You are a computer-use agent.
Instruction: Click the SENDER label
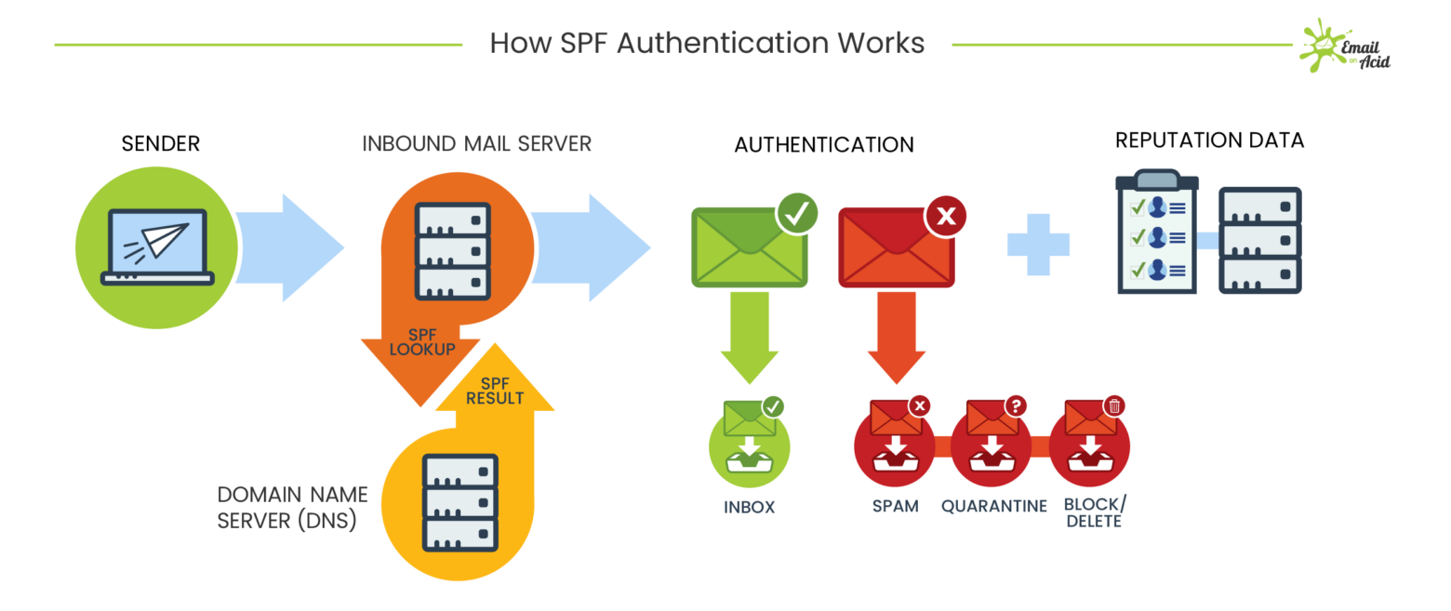[x=161, y=143]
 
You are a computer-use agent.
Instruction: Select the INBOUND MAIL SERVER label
[x=477, y=143]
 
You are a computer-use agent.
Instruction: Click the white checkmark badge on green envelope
[x=797, y=214]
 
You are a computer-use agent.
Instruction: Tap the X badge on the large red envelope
[x=945, y=217]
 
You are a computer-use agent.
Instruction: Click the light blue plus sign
[x=1038, y=245]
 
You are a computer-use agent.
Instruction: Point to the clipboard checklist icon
[x=1157, y=233]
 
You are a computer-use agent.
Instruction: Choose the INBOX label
[x=749, y=508]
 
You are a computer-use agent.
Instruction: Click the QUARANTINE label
[x=994, y=506]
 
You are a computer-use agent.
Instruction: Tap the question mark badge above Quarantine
[x=1017, y=405]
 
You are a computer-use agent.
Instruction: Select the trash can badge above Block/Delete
[x=1114, y=405]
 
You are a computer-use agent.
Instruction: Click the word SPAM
[x=895, y=506]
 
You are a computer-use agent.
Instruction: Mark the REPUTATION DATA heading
[x=1209, y=140]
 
